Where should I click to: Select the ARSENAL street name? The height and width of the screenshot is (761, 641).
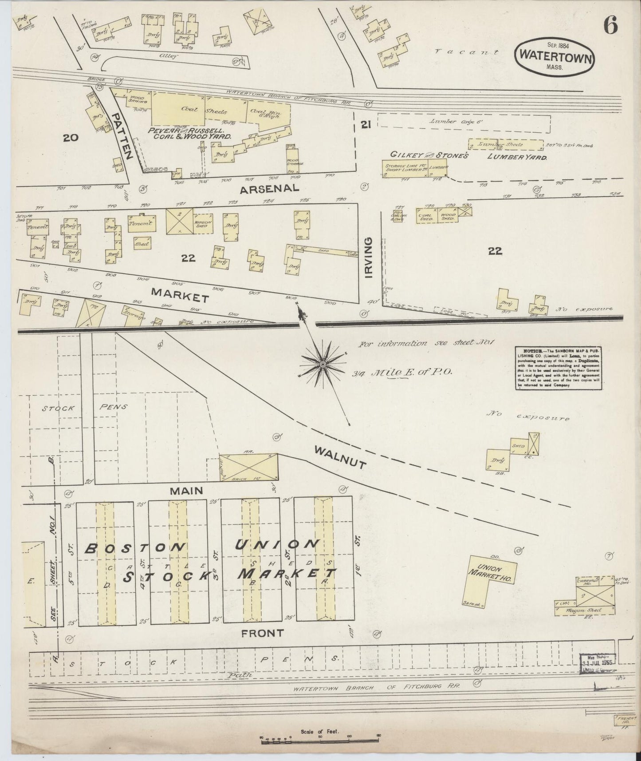(269, 188)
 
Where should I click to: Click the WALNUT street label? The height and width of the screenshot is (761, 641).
(340, 458)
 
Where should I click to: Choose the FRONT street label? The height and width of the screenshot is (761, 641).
(262, 634)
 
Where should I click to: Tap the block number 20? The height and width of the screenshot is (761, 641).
(71, 138)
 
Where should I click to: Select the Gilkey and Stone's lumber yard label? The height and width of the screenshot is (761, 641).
(468, 156)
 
